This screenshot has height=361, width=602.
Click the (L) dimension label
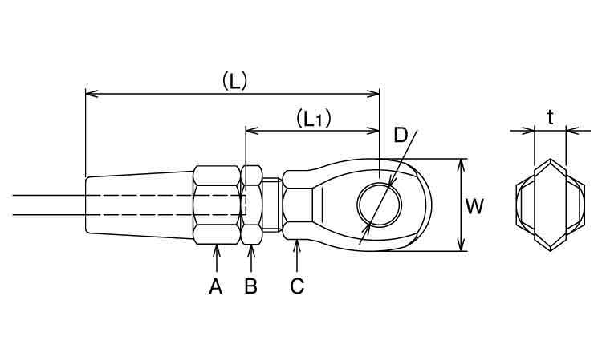coord(234,80)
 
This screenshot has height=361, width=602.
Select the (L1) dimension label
coord(314,119)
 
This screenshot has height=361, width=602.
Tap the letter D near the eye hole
coord(401,135)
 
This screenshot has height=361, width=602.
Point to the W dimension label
coord(474,206)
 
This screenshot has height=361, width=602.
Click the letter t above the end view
coord(551,117)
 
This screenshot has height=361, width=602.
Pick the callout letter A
coord(216,286)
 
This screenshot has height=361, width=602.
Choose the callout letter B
coord(250,286)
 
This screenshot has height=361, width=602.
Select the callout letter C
coord(297,286)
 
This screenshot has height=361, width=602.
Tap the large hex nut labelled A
coord(217,205)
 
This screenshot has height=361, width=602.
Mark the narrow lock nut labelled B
coord(251,205)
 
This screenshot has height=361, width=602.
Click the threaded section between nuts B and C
coord(273,205)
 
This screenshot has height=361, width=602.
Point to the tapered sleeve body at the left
coord(139,205)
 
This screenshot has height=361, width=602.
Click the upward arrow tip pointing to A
coord(217,246)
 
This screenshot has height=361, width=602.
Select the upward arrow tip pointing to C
coord(297,241)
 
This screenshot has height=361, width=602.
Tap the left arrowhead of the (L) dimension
coord(86,94)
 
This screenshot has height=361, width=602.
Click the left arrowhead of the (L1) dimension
coord(246,131)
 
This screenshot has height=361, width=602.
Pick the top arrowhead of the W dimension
coord(462,159)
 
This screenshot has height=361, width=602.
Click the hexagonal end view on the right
coord(551,205)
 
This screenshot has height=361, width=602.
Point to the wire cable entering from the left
coord(49,205)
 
